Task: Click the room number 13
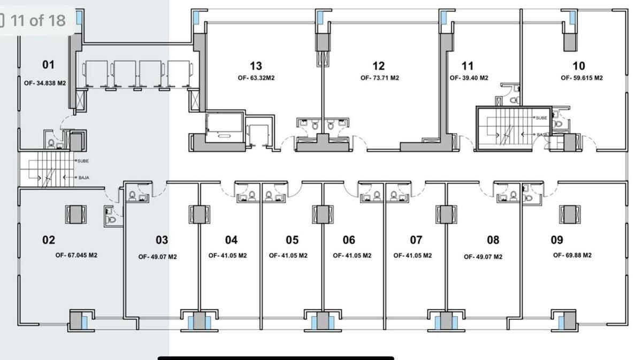coord(256,66)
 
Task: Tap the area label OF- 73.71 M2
coord(380,78)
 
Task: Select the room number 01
coord(49,65)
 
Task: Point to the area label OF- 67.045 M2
coord(76,255)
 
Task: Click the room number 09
coord(557,240)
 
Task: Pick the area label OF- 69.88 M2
coord(572,255)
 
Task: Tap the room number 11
coord(468,66)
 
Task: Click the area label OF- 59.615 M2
coord(582,78)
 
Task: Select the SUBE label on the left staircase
coord(83,161)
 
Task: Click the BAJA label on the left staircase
coord(83,178)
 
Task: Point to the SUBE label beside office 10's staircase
coord(541,118)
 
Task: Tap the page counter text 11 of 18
coord(38,21)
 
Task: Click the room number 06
coord(349,240)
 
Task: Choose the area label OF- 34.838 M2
coord(45,83)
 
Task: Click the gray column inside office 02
coord(75,215)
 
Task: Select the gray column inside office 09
coord(570,215)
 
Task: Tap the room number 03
coord(162,240)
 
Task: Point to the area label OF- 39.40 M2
coord(469,78)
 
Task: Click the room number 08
coord(493,240)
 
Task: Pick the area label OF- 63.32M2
coord(256,78)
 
